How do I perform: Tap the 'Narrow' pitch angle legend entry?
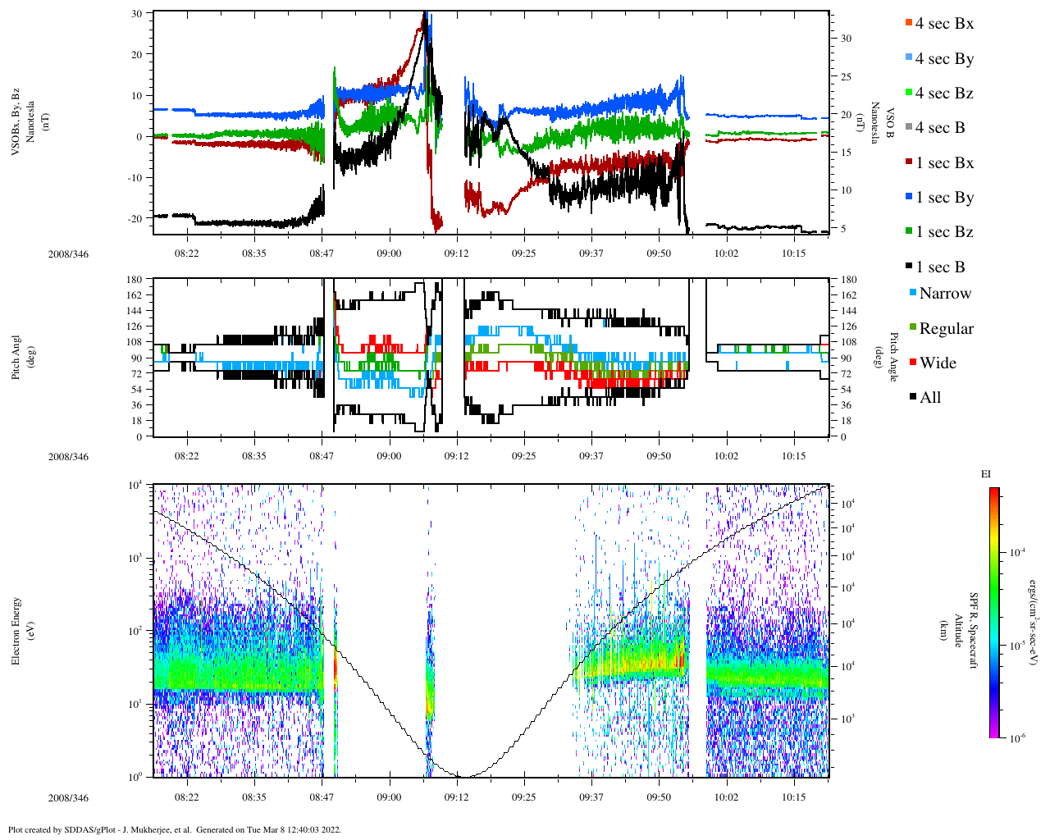pos(944,294)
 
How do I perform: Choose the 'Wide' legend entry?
pos(937,363)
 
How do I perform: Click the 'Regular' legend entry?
pos(946,329)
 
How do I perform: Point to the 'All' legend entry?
pos(929,398)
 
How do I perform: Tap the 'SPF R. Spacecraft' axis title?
pos(975,630)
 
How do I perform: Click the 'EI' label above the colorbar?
pos(986,474)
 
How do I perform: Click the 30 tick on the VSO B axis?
pos(846,39)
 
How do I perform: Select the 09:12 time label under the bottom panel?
pos(456,797)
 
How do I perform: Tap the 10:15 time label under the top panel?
pos(793,253)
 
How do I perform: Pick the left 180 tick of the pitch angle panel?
pos(135,280)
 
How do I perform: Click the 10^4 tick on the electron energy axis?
pos(134,486)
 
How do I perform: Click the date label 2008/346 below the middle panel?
pos(68,457)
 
